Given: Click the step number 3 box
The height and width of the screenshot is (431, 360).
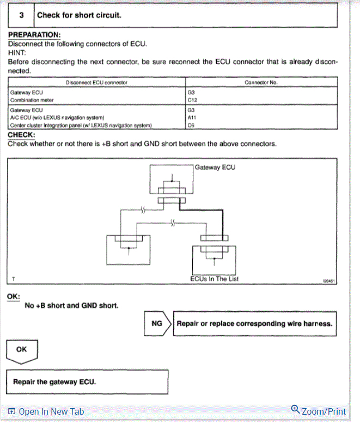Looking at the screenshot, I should [x=21, y=15].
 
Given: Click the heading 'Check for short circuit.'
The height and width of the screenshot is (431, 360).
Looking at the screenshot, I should [x=79, y=15].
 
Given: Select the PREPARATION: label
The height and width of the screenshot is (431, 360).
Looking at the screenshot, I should [x=34, y=35].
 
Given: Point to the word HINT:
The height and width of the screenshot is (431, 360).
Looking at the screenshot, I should [x=18, y=53].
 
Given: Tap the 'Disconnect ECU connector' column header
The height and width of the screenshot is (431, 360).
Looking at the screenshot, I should [x=96, y=82].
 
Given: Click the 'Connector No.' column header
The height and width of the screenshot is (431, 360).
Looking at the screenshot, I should [x=261, y=82].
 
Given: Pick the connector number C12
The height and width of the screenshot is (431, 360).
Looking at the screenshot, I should [x=192, y=100].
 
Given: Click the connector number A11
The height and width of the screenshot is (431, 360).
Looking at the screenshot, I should [x=192, y=117].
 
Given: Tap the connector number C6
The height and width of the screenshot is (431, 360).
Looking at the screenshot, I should [x=191, y=125].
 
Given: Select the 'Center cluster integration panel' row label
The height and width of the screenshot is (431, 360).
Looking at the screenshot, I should [x=81, y=125].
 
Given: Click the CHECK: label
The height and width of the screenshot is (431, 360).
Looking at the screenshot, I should [x=22, y=134].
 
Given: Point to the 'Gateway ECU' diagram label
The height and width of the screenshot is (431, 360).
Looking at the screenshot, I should [x=215, y=167].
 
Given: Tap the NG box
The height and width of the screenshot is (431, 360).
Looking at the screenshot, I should [x=157, y=323].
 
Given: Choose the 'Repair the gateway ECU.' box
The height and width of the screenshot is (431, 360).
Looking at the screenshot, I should [x=87, y=381].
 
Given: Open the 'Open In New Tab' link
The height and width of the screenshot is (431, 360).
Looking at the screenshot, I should [x=46, y=412].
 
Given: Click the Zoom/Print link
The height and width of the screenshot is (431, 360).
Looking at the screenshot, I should [x=319, y=411].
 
